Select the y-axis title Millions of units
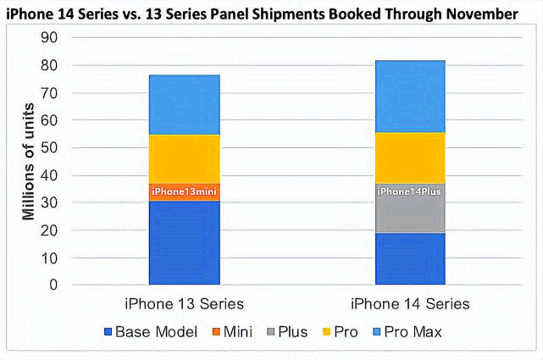[28, 162]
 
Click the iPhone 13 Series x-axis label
[186, 304]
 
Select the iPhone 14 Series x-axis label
[411, 304]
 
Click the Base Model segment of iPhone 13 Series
[186, 243]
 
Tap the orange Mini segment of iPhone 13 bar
[186, 192]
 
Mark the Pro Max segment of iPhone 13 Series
[186, 104]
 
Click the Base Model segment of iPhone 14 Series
[411, 258]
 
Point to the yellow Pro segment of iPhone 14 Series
[411, 158]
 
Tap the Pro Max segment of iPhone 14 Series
[411, 96]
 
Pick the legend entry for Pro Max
[412, 332]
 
